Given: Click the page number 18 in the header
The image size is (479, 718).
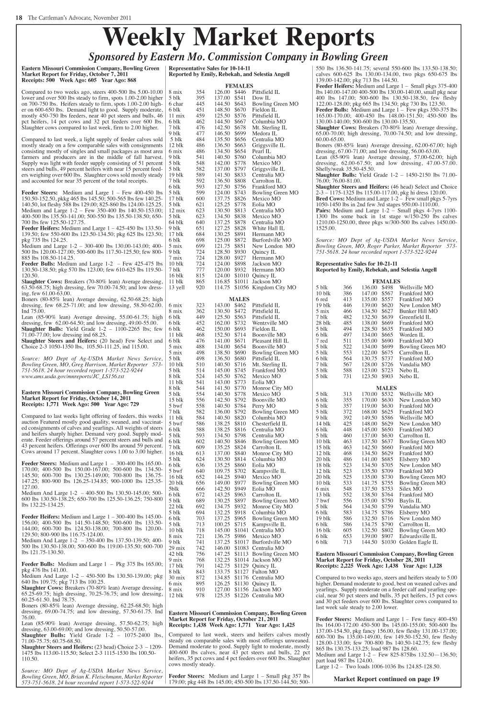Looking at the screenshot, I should click(x=19, y=18).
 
